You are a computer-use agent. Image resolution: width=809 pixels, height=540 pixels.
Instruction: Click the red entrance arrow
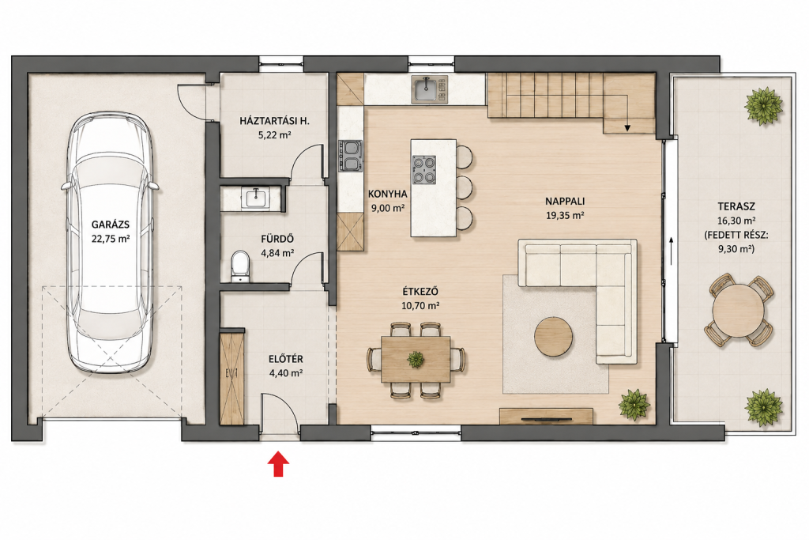click(278, 463)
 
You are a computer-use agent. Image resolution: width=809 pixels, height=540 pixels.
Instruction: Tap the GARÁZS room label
click(111, 225)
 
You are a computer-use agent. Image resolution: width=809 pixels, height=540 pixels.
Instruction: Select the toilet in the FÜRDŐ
click(239, 266)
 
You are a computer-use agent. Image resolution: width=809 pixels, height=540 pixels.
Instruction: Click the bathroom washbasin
click(255, 198)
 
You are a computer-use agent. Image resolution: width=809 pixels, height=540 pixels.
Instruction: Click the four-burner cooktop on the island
click(424, 170)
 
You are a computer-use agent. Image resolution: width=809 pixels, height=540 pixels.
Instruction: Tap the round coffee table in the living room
click(553, 336)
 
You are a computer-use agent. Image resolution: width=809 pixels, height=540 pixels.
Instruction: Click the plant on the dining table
click(416, 358)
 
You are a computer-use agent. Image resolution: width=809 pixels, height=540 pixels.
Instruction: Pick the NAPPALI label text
click(565, 202)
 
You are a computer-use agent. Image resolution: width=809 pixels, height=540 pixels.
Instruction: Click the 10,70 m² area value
click(420, 305)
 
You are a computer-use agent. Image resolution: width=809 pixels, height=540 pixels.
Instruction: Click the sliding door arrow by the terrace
click(671, 251)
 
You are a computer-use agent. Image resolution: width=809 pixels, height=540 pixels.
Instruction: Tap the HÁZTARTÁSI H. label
click(274, 121)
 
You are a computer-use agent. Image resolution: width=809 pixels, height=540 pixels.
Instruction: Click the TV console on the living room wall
click(546, 416)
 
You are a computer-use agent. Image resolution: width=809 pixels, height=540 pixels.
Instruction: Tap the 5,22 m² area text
click(274, 135)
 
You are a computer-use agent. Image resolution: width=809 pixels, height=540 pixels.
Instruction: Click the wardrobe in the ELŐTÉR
click(231, 379)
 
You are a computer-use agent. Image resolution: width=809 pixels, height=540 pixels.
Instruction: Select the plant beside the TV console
click(634, 404)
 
